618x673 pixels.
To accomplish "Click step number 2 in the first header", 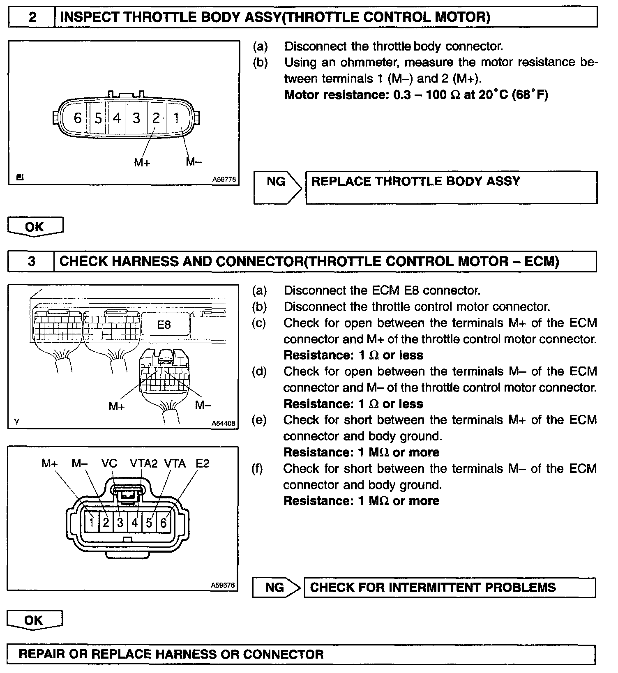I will [32, 17].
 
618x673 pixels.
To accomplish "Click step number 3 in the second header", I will [32, 261].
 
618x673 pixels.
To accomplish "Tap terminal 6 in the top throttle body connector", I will [78, 118].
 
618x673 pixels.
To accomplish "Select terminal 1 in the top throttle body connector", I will [176, 118].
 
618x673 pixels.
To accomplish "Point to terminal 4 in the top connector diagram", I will [117, 118].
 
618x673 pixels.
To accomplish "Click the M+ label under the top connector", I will [142, 163].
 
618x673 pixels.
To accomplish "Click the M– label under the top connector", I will [194, 161].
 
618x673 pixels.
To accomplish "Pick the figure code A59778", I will [224, 180].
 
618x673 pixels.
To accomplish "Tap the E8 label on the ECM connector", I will [164, 325].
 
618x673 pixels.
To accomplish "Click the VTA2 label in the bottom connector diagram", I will [143, 464].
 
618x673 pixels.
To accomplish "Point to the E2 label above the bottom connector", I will [202, 464].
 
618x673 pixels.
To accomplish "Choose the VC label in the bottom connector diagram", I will [109, 464].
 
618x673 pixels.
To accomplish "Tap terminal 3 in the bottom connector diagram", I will [120, 523].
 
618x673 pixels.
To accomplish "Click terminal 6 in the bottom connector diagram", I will [163, 523].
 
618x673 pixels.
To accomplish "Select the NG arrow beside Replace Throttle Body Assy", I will [277, 182].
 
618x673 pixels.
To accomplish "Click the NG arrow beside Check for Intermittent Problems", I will [275, 588].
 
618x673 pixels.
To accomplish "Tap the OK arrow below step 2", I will [35, 227].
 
